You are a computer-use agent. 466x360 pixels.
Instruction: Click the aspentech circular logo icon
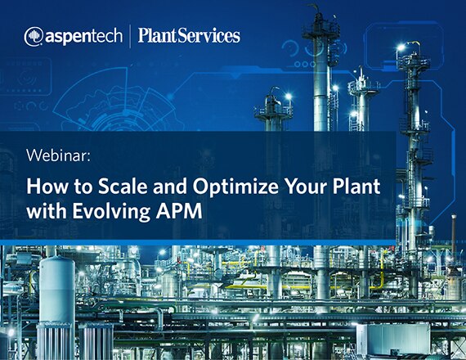[34, 37]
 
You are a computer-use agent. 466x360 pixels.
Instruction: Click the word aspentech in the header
[84, 36]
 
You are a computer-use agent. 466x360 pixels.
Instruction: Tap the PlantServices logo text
[189, 36]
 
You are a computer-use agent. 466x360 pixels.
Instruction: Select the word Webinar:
[58, 155]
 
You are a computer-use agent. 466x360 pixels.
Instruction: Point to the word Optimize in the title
[235, 187]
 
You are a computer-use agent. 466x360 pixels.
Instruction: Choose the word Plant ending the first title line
[356, 187]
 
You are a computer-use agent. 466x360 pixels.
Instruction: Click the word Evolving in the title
[111, 212]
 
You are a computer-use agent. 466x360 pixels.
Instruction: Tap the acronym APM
[179, 211]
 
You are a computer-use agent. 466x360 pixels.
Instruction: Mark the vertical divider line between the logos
[130, 36]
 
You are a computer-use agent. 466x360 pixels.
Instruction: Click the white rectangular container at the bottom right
[394, 339]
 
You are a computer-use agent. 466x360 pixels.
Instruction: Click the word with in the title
[46, 211]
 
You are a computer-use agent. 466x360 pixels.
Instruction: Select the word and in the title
[170, 187]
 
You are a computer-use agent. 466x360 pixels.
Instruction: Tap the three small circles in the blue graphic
[304, 64]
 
